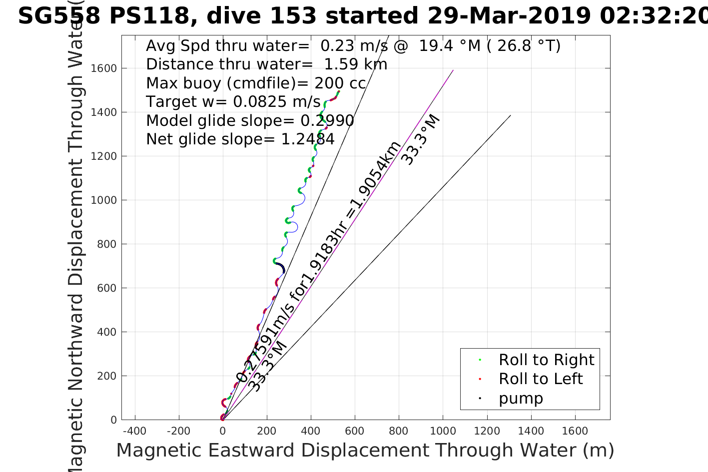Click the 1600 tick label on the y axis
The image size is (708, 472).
click(x=103, y=68)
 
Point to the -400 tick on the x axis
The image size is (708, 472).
click(x=134, y=431)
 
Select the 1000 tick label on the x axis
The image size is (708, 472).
click(x=442, y=431)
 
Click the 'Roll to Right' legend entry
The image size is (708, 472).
click(x=546, y=360)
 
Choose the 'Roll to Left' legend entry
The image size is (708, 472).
click(x=541, y=379)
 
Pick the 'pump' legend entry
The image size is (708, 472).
click(x=521, y=398)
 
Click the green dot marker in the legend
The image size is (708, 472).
click(x=480, y=360)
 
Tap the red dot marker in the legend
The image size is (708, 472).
click(x=480, y=379)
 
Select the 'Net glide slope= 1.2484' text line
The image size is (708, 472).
click(x=240, y=139)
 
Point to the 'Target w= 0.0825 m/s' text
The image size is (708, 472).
click(x=233, y=102)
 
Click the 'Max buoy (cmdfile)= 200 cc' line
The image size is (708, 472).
click(x=256, y=83)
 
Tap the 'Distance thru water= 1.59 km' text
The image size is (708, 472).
click(x=266, y=64)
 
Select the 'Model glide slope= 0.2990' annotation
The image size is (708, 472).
click(x=250, y=121)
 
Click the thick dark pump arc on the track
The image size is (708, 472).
click(x=281, y=267)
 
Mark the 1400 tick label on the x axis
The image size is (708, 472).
click(x=531, y=431)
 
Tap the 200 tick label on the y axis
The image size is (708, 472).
click(x=106, y=376)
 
